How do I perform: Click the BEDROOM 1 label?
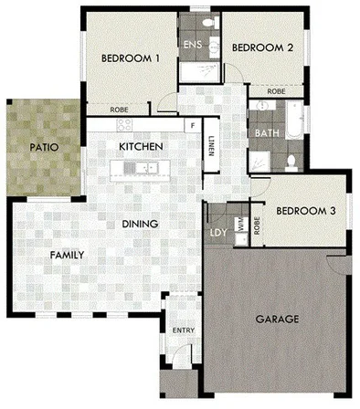(x=131, y=58)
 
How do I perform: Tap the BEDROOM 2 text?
(x=260, y=47)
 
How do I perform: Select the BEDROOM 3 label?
(x=306, y=211)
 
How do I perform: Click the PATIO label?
(x=44, y=145)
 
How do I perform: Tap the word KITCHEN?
(x=142, y=146)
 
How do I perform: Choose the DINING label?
(x=141, y=224)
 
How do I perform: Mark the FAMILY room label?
(x=67, y=255)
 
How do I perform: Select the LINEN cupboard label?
(x=211, y=146)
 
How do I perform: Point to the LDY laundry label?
(x=218, y=231)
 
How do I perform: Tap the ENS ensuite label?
(x=193, y=45)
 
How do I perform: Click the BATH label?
(x=266, y=132)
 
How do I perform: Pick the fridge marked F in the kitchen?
(x=193, y=124)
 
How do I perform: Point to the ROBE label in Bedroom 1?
(x=120, y=109)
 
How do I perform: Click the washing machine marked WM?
(x=241, y=222)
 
